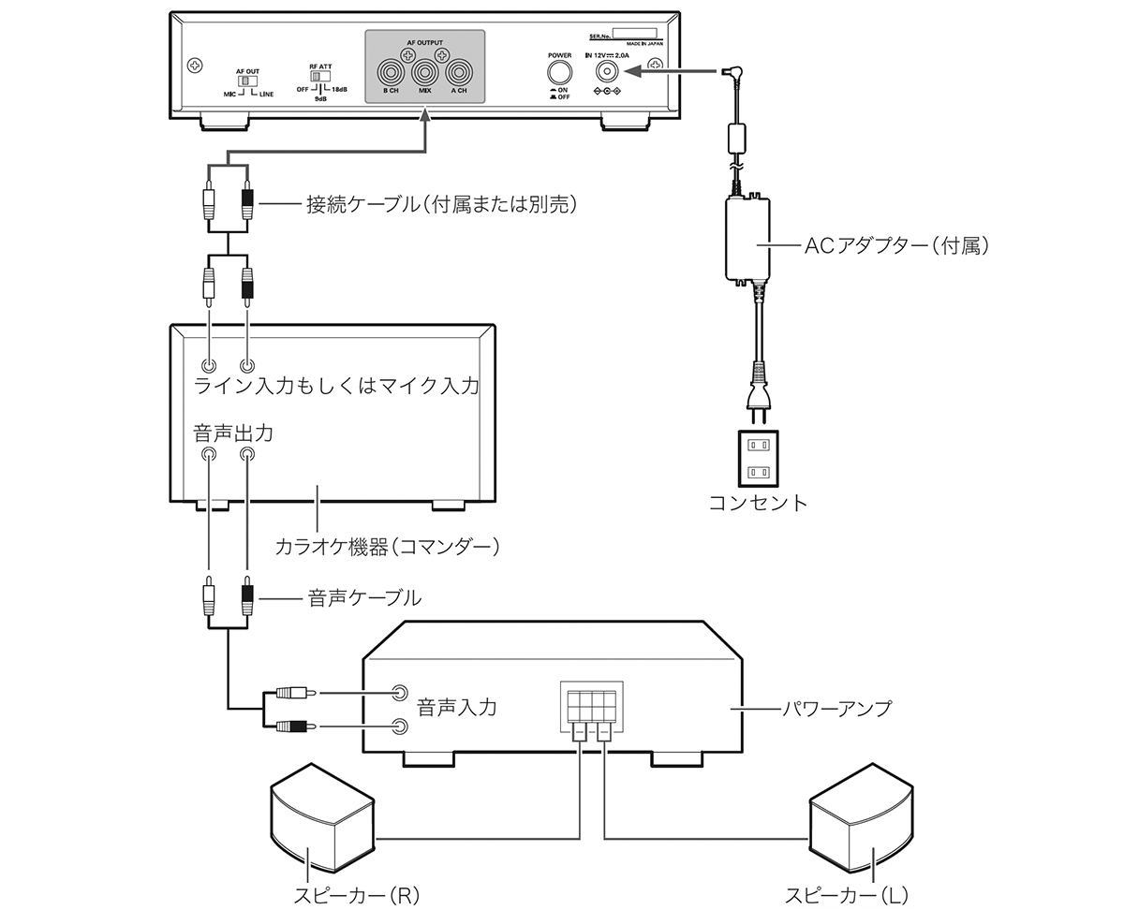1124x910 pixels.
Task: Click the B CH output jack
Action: click(391, 71)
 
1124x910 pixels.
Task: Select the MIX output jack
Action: click(424, 71)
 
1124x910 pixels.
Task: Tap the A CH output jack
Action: click(458, 71)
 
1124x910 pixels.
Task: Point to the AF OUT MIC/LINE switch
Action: click(245, 82)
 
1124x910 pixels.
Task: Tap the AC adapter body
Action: click(747, 242)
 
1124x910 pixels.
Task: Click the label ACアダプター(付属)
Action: click(895, 246)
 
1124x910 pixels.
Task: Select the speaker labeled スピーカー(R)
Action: click(322, 812)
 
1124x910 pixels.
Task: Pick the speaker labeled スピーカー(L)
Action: click(860, 812)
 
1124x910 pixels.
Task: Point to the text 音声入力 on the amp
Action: click(456, 708)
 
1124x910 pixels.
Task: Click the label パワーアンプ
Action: click(836, 708)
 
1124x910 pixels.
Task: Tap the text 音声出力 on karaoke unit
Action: click(233, 433)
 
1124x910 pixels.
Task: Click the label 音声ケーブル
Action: click(364, 597)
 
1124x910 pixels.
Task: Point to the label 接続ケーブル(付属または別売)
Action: click(441, 203)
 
